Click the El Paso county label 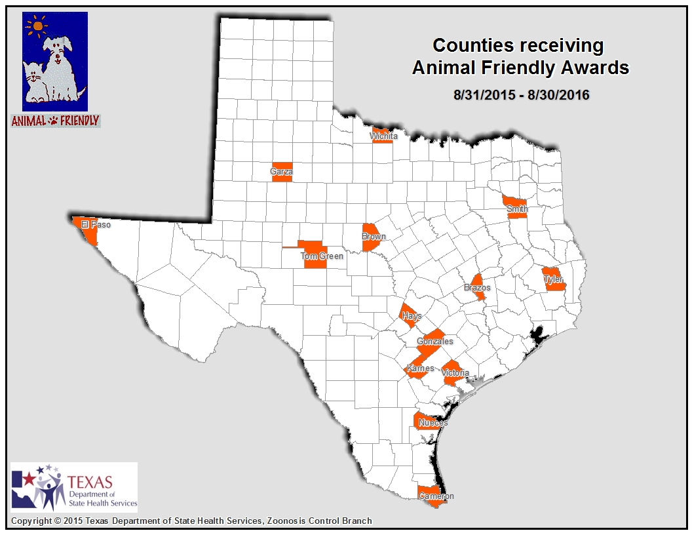(x=95, y=225)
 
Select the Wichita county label (x=383, y=136)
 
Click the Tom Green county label (x=322, y=256)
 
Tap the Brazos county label (x=477, y=288)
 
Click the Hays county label (x=412, y=316)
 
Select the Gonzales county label (x=434, y=342)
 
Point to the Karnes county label (x=420, y=368)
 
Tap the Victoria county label (x=455, y=373)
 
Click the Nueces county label (x=433, y=423)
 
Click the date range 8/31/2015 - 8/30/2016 (x=521, y=95)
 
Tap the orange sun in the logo (x=38, y=27)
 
